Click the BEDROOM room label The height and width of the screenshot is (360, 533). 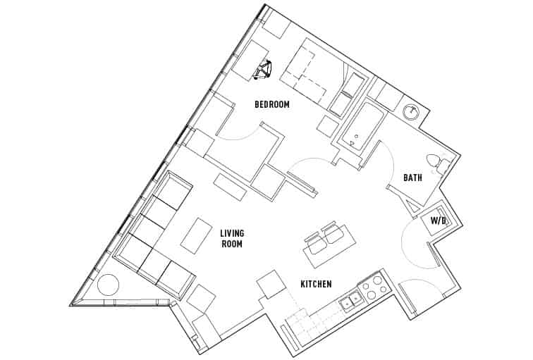pos(272,105)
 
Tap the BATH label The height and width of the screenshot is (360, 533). pos(412,178)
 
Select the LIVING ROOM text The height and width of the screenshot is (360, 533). pos(231,239)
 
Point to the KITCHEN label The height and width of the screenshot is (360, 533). pos(316,285)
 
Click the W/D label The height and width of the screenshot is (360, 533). pos(439,221)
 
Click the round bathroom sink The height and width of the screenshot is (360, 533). pos(410,111)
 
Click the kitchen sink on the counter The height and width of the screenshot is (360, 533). pos(350,302)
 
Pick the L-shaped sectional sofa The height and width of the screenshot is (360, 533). pos(154,240)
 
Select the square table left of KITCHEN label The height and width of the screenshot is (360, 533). pos(270,285)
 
